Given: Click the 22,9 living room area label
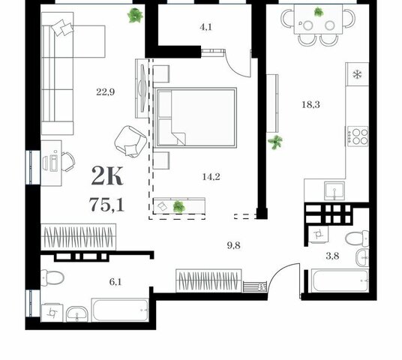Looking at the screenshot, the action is click(105, 91).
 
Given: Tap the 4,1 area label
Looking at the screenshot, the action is click(205, 27).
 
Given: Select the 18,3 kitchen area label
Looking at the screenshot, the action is click(310, 104).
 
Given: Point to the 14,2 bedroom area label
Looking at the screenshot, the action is click(211, 177).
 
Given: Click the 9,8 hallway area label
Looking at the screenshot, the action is click(233, 246).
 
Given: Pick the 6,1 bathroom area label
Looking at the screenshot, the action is click(115, 282).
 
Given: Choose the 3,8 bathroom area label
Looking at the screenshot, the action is click(332, 256).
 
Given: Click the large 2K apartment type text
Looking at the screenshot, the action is click(107, 176).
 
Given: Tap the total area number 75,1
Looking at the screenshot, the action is click(106, 205).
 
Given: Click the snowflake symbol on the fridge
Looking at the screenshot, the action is click(357, 74).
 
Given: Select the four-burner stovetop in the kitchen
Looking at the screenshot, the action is click(358, 136).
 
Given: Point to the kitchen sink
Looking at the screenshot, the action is click(334, 190).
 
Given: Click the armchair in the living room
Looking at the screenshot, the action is click(130, 141).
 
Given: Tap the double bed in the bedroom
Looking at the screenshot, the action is click(195, 118).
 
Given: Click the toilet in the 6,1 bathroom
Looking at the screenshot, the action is click(52, 278).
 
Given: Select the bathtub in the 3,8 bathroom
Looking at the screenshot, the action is click(340, 280).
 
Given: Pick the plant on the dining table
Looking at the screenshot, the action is click(319, 12).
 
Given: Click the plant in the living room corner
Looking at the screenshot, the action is click(135, 16).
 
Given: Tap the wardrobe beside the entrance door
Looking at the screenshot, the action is click(209, 280).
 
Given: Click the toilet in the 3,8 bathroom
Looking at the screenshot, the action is click(357, 238).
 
